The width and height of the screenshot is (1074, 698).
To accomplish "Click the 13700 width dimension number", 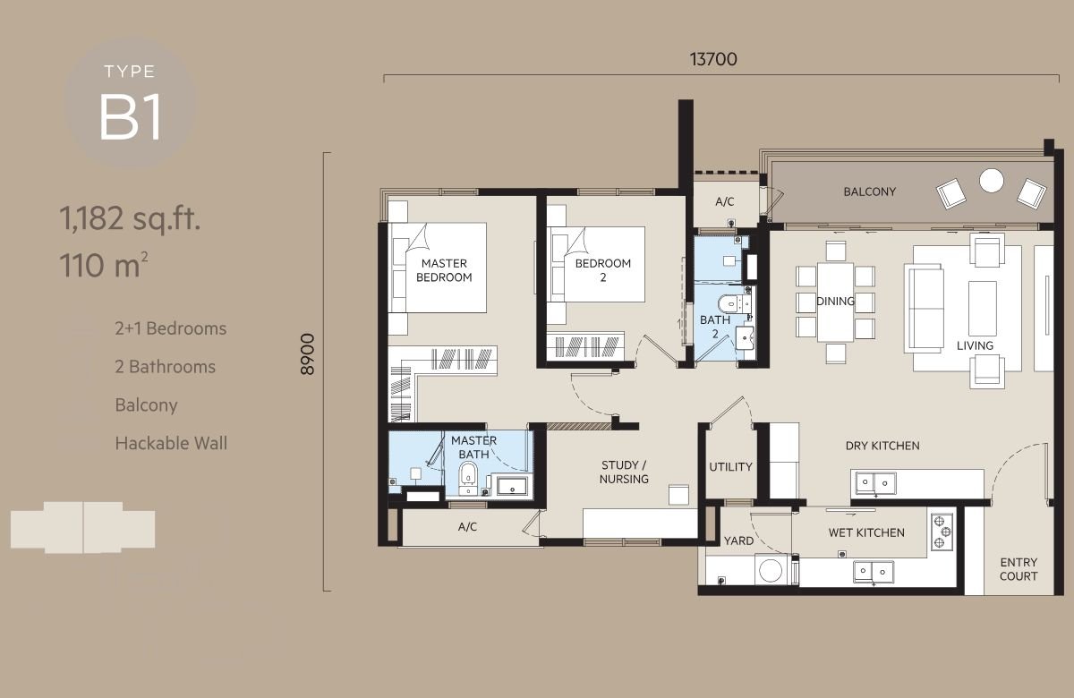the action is pos(713,59).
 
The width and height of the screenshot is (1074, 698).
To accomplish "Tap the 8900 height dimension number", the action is pos(307,354).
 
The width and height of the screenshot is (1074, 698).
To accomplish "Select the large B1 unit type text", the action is pos(130,116).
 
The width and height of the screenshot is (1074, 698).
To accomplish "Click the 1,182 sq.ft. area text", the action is pos(130,218).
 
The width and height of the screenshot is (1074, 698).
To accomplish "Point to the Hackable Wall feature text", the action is pos(171,444).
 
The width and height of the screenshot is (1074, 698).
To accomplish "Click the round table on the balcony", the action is pos(991,181).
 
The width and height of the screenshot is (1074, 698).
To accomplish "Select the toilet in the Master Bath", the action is pos(468,478).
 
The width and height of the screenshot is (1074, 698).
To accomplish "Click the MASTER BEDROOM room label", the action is pos(444,270).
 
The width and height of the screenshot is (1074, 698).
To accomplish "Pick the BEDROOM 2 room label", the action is pos(602,270).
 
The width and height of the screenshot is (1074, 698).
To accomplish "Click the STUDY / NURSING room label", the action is pos(624,472).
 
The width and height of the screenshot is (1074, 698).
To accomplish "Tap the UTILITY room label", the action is pos(730,467).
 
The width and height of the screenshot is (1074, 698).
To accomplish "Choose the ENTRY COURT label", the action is pos(1019,569).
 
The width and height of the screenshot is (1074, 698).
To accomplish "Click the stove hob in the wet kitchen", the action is pos(942,532).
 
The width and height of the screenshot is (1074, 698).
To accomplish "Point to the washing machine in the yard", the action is pos(771,570).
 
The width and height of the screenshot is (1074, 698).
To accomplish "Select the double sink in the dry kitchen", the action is pos(875,482).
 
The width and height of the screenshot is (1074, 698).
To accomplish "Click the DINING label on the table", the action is pos(835,301).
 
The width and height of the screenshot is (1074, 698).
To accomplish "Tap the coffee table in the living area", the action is pos(983,308).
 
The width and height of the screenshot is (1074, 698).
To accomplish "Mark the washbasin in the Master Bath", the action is pos(512,486).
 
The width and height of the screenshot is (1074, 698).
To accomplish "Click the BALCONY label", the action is pos(870,192).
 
